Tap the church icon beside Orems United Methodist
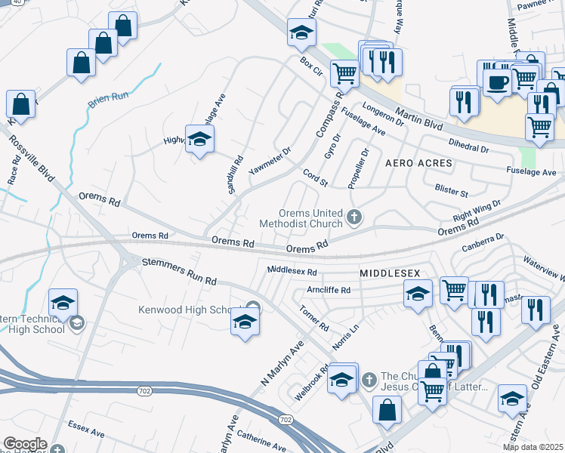point(353,218)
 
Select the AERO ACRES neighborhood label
point(418,163)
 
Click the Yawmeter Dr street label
point(270,159)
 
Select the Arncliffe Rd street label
point(329,290)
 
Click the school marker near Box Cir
point(301,33)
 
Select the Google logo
point(25,444)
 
